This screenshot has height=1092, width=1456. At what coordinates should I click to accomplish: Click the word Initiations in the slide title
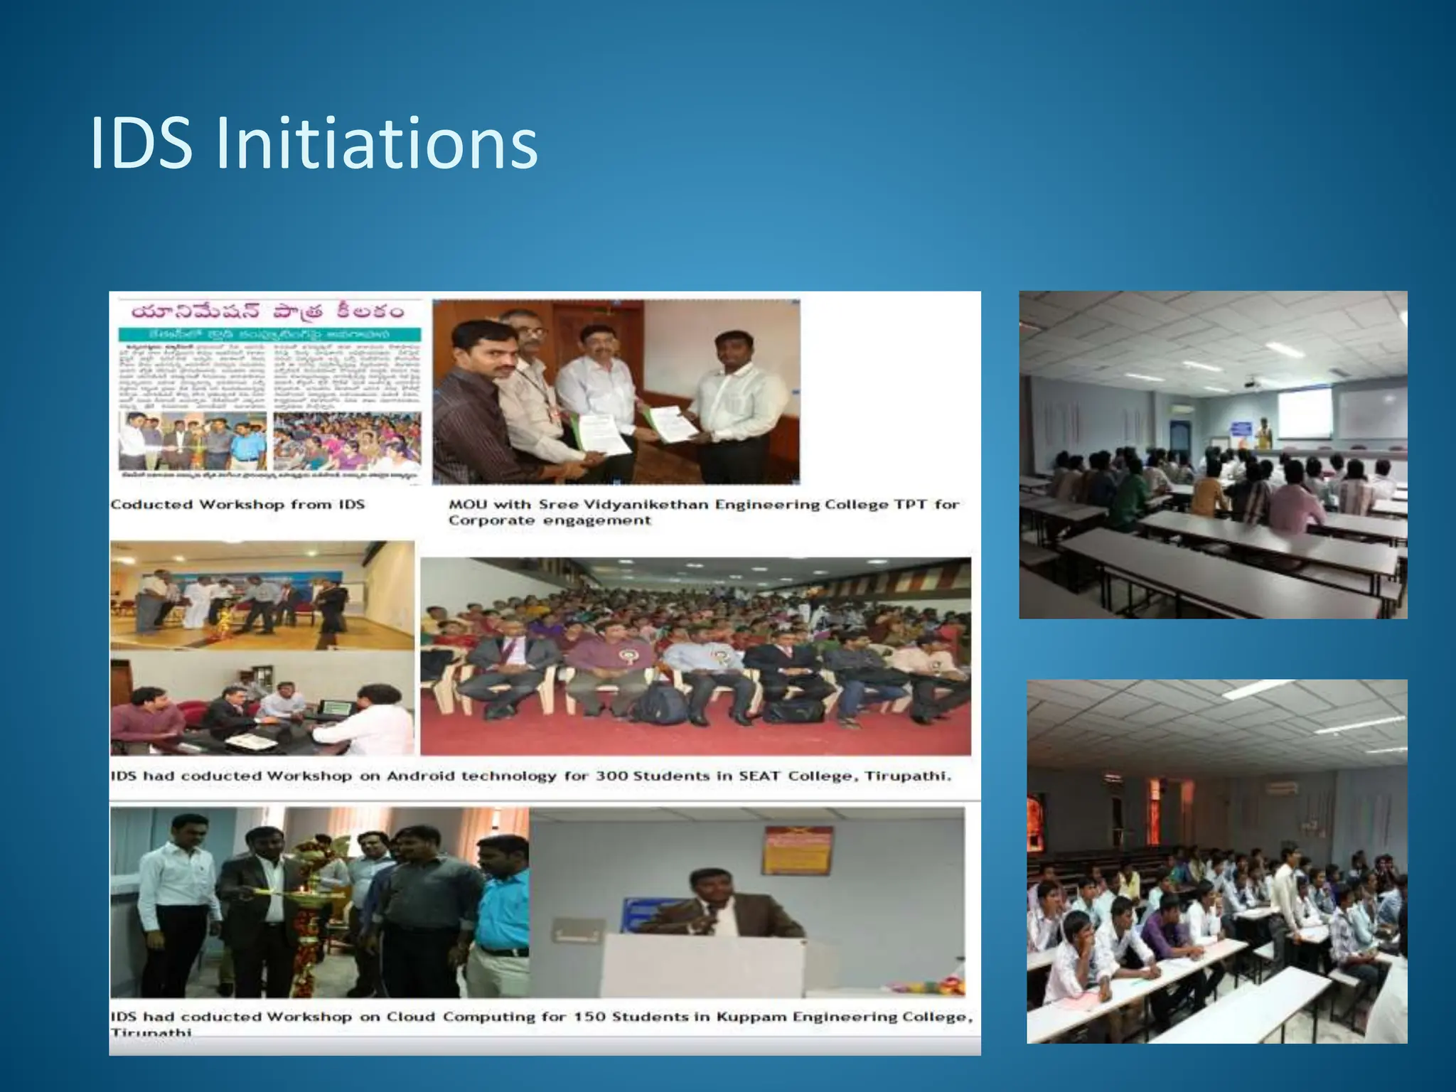click(x=376, y=144)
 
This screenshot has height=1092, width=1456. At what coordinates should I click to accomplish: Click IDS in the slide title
click(x=141, y=144)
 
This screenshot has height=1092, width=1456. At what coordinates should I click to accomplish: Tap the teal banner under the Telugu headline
click(x=270, y=334)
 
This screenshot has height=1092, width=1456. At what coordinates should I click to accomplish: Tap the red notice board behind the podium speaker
click(x=796, y=851)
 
